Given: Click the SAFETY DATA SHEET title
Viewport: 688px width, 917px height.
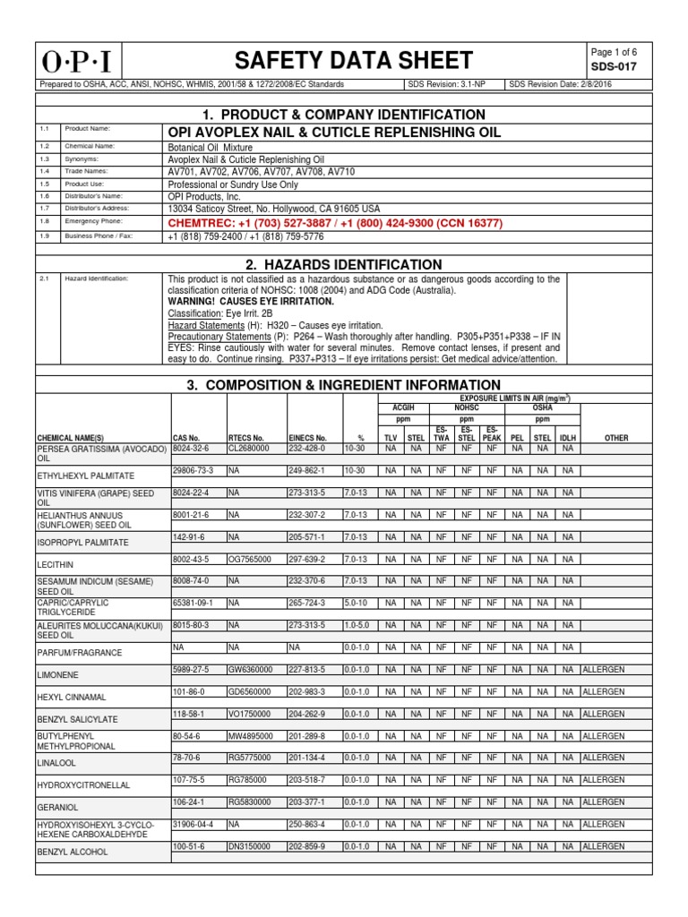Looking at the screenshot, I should [353, 60].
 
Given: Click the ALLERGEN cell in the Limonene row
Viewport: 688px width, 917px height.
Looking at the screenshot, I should [603, 668].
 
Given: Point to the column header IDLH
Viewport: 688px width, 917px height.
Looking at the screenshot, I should [567, 438].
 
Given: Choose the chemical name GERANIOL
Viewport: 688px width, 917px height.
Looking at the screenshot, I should [58, 805].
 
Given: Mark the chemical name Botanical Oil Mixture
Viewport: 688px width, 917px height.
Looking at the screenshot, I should [211, 146].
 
